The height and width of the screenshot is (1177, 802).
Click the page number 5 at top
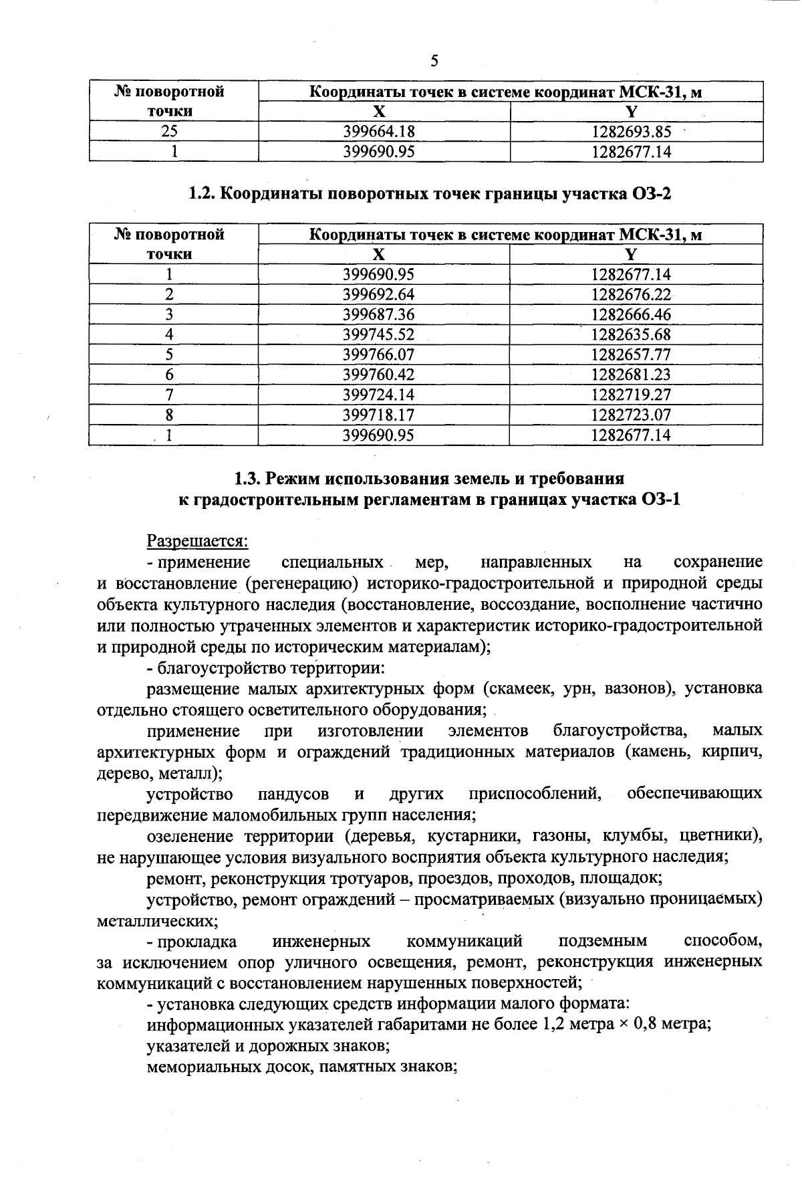click(434, 62)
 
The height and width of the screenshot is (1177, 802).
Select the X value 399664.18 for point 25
click(378, 132)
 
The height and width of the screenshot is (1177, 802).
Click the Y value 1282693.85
click(631, 132)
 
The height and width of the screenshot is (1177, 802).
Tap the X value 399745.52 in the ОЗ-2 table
click(378, 334)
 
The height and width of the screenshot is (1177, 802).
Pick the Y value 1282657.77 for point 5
click(631, 354)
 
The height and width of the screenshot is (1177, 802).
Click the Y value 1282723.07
click(631, 415)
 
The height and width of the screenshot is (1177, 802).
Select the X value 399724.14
click(378, 395)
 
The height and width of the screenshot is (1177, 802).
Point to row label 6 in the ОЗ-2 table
click(170, 374)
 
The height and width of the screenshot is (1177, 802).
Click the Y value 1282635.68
click(631, 334)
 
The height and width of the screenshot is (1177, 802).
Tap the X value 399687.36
click(378, 314)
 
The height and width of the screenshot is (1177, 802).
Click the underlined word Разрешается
click(198, 540)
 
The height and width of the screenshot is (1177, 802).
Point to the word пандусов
click(293, 794)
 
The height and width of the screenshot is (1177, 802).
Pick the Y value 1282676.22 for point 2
click(631, 294)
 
